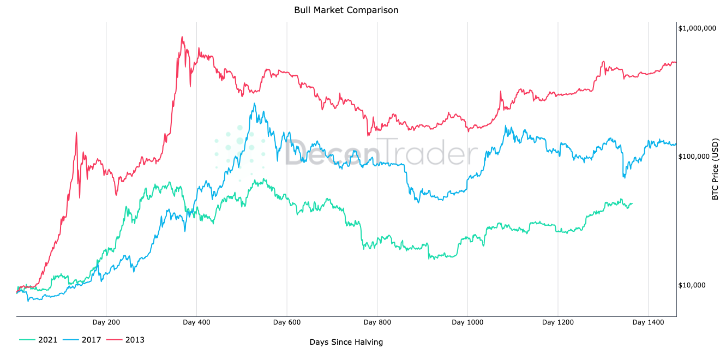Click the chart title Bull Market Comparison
coord(346,10)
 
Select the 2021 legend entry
coord(47,340)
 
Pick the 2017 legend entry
coord(91,340)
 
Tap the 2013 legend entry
coord(135,340)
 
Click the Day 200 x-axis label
coord(106,322)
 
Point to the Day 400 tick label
coord(196,322)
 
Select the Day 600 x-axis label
coord(287,322)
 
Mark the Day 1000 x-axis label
coord(467,322)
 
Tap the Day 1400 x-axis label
coord(648,322)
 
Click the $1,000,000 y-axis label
coord(697,28)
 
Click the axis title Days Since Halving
coord(346,342)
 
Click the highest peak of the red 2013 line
coord(182,37)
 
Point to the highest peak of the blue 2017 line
coord(254,104)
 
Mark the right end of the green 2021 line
coord(632,203)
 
